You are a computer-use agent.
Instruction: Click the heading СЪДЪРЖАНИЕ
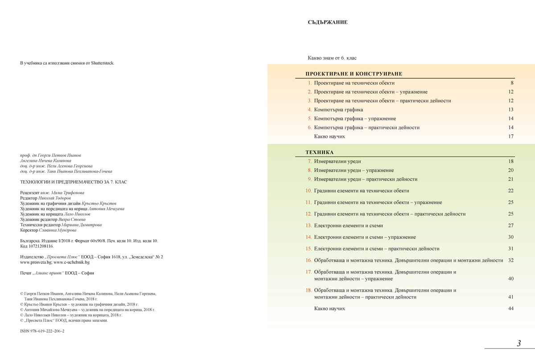(x=327, y=22)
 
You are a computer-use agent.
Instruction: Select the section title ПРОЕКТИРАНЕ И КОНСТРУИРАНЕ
(x=354, y=74)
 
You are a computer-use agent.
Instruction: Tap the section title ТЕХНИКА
(x=319, y=153)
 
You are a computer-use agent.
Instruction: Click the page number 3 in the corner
(x=519, y=343)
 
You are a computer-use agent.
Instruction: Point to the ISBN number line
(x=42, y=331)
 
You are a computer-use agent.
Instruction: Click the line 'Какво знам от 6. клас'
(x=332, y=58)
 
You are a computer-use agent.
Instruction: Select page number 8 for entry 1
(x=512, y=83)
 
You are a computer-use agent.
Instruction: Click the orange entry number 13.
(x=309, y=226)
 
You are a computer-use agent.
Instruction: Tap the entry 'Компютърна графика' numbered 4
(x=338, y=110)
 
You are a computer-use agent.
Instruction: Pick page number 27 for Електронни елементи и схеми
(x=510, y=226)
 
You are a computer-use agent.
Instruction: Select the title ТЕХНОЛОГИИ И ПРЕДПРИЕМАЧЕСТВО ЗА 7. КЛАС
(x=74, y=182)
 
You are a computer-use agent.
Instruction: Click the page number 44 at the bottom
(x=510, y=309)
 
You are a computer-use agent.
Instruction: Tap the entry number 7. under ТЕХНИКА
(x=309, y=161)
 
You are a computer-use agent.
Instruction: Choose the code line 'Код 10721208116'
(x=37, y=246)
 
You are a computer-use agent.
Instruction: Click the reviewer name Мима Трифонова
(x=68, y=193)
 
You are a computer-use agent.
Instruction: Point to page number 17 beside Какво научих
(x=510, y=137)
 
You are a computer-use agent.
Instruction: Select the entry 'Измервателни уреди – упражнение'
(x=354, y=170)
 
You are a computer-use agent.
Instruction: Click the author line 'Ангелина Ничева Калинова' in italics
(x=45, y=161)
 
